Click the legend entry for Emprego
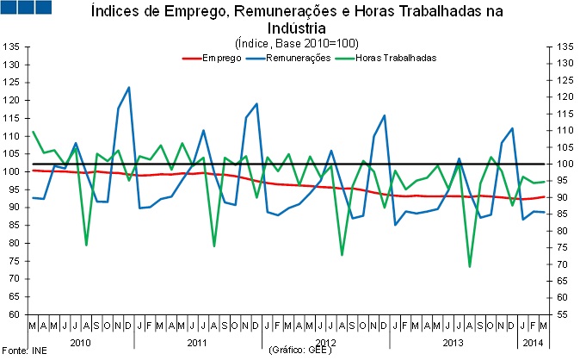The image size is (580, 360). click(219, 58)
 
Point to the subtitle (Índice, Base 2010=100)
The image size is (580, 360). click(296, 43)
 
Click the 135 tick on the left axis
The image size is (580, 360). click(12, 46)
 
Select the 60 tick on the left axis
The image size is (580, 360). click(15, 314)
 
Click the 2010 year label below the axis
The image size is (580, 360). click(80, 342)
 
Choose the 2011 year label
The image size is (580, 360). click(197, 342)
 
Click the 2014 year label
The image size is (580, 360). click(533, 342)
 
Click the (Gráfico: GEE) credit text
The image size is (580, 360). click(300, 351)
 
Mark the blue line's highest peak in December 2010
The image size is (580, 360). click(128, 87)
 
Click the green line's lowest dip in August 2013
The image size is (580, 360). click(470, 267)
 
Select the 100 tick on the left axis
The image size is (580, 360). click(12, 171)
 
